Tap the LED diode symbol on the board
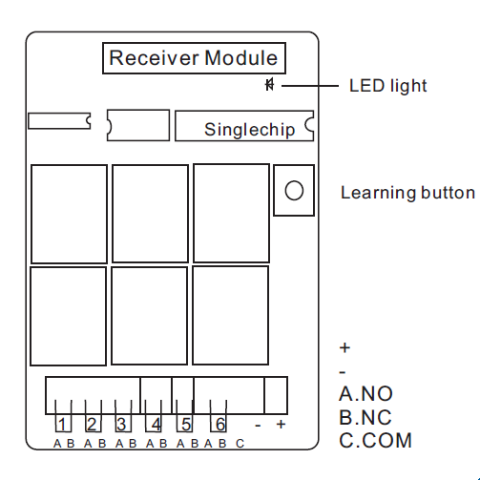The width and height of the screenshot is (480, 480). pyautogui.click(x=270, y=85)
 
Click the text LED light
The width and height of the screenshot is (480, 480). pyautogui.click(x=387, y=86)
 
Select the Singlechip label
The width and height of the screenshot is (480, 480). pyautogui.click(x=250, y=130)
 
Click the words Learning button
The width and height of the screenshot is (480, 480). pyautogui.click(x=408, y=193)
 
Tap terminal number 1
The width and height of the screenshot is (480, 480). pyautogui.click(x=62, y=424)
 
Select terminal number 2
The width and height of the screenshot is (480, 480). pyautogui.click(x=93, y=424)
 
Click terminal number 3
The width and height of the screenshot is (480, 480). pyautogui.click(x=121, y=424)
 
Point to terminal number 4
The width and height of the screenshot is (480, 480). pyautogui.click(x=156, y=424)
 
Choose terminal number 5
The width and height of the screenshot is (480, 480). pyautogui.click(x=186, y=424)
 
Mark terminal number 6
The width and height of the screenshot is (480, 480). pyautogui.click(x=220, y=424)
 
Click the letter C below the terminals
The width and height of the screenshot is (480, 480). pyautogui.click(x=240, y=443)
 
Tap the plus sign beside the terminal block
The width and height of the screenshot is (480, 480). pyautogui.click(x=281, y=424)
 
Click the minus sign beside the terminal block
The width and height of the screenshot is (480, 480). pyautogui.click(x=258, y=425)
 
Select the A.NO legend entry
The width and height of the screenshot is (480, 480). pyautogui.click(x=365, y=394)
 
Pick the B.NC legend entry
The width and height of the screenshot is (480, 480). pyautogui.click(x=365, y=417)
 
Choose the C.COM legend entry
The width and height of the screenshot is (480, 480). pyautogui.click(x=376, y=441)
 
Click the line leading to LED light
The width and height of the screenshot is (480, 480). pyautogui.click(x=310, y=86)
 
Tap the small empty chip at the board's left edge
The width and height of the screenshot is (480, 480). pyautogui.click(x=59, y=121)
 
